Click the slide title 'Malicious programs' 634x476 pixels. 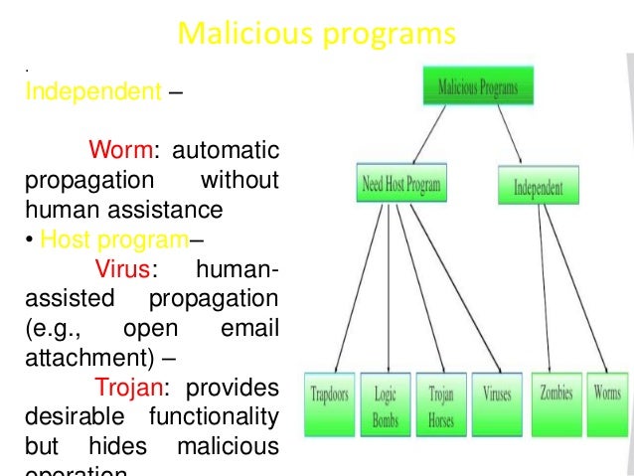[316, 35]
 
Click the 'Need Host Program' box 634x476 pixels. [399, 184]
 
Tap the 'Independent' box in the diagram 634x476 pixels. [539, 186]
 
